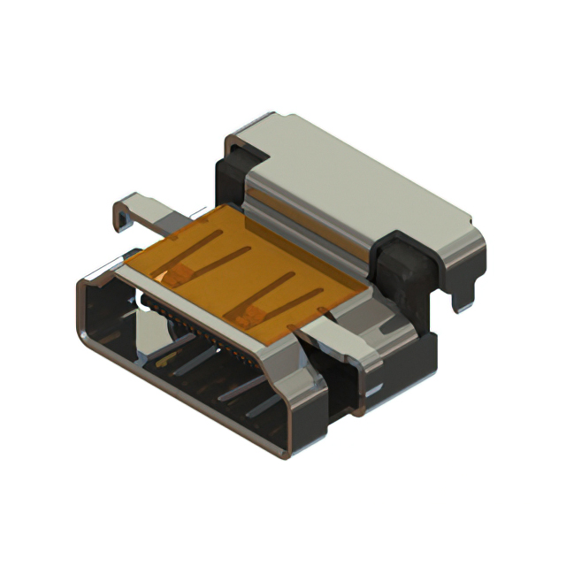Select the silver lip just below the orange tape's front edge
(203, 305)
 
